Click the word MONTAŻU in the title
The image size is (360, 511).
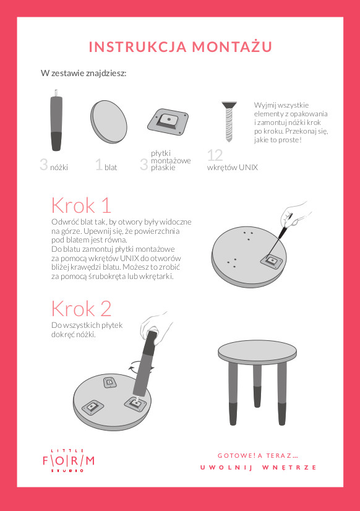233,46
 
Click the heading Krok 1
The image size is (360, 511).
82,205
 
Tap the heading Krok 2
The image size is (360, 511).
82,309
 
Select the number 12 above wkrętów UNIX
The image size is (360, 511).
215,155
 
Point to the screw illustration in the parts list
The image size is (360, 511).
229,121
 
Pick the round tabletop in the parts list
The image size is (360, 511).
109,121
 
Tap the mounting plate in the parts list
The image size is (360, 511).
168,121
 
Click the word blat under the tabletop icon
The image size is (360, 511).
111,168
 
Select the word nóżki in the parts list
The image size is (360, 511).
59,168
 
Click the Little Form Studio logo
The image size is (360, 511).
69,461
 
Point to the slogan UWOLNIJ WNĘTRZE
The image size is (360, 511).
258,467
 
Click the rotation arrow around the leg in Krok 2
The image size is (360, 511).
142,368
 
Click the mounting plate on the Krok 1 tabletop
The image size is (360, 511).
271,260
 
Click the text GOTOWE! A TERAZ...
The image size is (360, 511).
258,455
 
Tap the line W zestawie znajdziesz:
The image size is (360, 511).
84,73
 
